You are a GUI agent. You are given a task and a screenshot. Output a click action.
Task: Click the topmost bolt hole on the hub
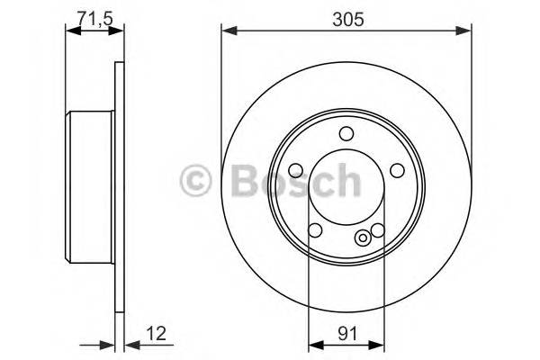pos(346,135)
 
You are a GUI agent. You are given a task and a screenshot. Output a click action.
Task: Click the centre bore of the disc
pos(346,193)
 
